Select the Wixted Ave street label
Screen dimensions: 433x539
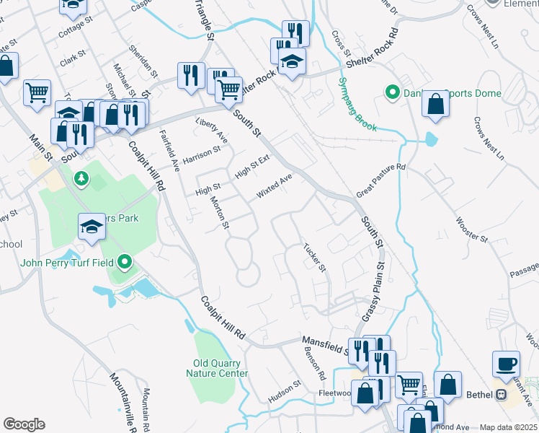tap(275, 186)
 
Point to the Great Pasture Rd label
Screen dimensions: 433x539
tap(382, 180)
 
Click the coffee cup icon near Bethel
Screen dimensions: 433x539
tap(506, 363)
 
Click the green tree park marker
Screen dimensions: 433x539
tap(81, 178)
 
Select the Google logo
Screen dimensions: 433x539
tap(24, 424)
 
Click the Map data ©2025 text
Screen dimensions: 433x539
tap(508, 427)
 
